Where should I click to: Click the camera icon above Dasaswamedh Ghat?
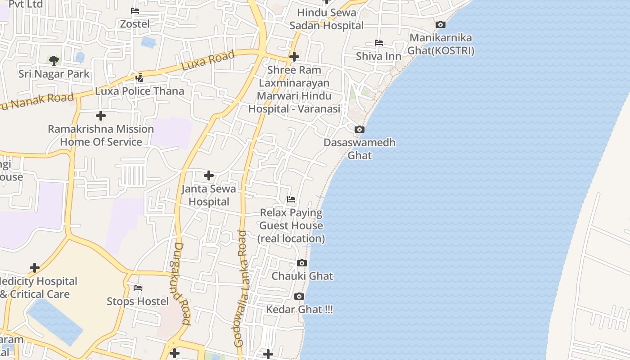tap(359, 130)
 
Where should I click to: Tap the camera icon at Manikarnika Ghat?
tap(441, 25)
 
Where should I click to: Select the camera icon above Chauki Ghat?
tap(302, 263)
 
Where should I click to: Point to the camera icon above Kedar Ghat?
tap(299, 296)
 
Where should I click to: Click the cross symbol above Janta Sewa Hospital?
tap(209, 175)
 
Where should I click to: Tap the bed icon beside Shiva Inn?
tap(379, 43)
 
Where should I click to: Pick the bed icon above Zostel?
tap(135, 11)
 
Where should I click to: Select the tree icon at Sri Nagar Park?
tap(54, 60)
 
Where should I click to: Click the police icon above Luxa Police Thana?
tap(139, 78)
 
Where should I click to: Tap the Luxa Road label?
tap(208, 60)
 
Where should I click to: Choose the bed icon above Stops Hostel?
tap(138, 288)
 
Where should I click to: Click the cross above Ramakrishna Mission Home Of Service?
tap(101, 116)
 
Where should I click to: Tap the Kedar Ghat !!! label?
tap(299, 310)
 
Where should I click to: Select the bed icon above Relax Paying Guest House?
tap(291, 199)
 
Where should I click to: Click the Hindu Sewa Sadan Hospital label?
tap(326, 19)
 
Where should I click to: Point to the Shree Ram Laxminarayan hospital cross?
tap(294, 57)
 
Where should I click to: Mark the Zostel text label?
tap(135, 24)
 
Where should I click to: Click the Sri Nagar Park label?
tap(54, 74)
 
